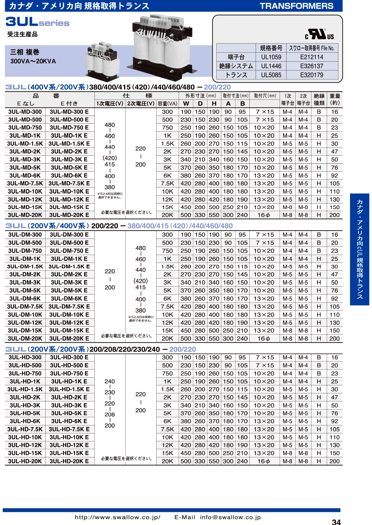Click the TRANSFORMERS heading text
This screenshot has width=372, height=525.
(x=296, y=6)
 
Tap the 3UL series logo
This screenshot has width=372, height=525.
(x=37, y=22)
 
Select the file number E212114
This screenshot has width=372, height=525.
(x=311, y=57)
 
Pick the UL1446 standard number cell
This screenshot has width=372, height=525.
(x=271, y=66)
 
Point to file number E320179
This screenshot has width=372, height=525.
(x=311, y=75)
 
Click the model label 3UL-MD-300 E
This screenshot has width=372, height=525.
(x=69, y=112)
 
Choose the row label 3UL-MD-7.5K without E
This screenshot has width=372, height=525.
(x=25, y=183)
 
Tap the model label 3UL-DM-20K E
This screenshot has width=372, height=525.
(x=69, y=339)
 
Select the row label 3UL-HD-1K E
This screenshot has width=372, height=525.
(x=69, y=381)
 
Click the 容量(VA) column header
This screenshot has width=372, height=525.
(x=168, y=104)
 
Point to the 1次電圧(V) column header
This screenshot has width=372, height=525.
(x=110, y=104)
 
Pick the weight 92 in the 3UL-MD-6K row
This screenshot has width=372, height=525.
(x=335, y=176)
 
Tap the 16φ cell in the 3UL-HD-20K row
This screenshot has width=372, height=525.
(x=264, y=461)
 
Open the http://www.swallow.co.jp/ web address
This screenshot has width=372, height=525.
(x=118, y=517)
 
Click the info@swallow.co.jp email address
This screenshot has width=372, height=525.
(x=230, y=517)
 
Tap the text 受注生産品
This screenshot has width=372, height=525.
(x=22, y=34)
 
